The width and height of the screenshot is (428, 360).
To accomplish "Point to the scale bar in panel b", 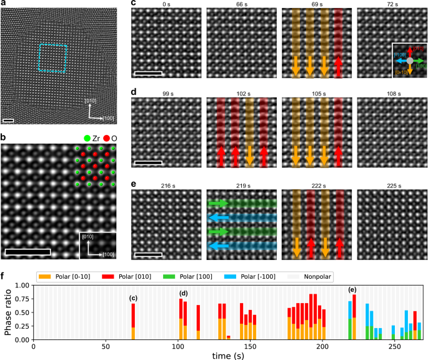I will pos(28,252).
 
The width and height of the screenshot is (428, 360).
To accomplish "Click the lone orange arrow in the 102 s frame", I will pos(249,152).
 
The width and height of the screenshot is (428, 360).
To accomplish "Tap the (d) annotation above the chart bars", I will pos(184,293).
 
